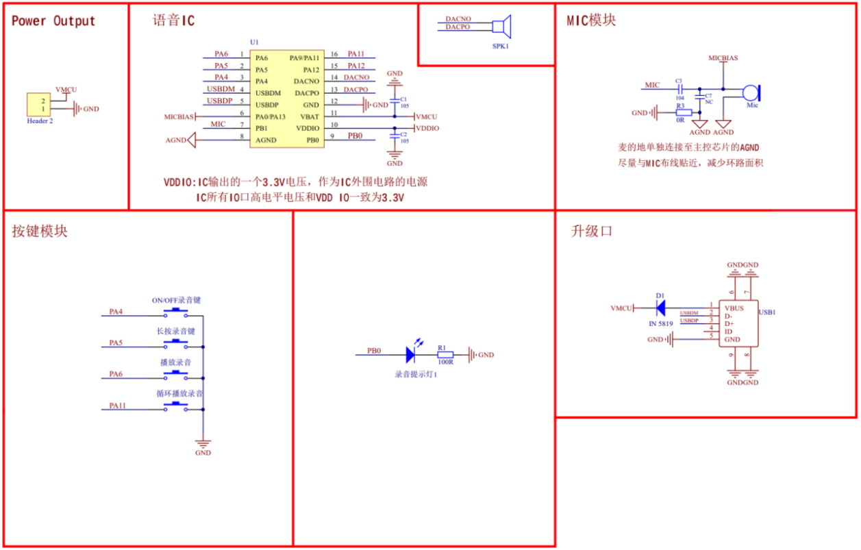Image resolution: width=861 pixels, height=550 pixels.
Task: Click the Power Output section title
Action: tap(53, 21)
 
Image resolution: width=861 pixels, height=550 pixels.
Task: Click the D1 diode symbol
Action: tap(659, 308)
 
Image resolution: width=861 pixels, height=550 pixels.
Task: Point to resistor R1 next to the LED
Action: tap(445, 355)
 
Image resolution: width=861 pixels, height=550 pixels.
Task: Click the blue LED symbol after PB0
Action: tap(411, 354)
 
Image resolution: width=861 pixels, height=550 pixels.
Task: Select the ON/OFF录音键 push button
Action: tap(176, 313)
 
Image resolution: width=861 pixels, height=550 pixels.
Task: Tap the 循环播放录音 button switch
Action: tap(176, 408)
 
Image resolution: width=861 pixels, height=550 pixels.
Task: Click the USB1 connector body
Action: tap(738, 323)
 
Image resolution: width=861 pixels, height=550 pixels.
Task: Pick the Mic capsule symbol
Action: tap(752, 92)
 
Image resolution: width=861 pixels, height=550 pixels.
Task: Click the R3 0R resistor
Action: tap(683, 112)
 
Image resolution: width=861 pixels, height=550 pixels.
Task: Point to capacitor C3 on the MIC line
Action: tap(679, 88)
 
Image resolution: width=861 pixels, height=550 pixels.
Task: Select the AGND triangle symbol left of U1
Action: tap(191, 140)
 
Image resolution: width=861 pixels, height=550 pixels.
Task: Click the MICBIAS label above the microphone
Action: tap(723, 58)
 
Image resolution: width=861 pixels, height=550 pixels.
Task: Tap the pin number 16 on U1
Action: tap(334, 54)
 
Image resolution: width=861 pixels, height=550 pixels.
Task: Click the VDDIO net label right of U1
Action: tap(427, 128)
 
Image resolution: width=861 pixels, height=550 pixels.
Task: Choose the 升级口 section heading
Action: tap(591, 232)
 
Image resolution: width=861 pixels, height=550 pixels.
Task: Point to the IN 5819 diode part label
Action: tap(660, 323)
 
